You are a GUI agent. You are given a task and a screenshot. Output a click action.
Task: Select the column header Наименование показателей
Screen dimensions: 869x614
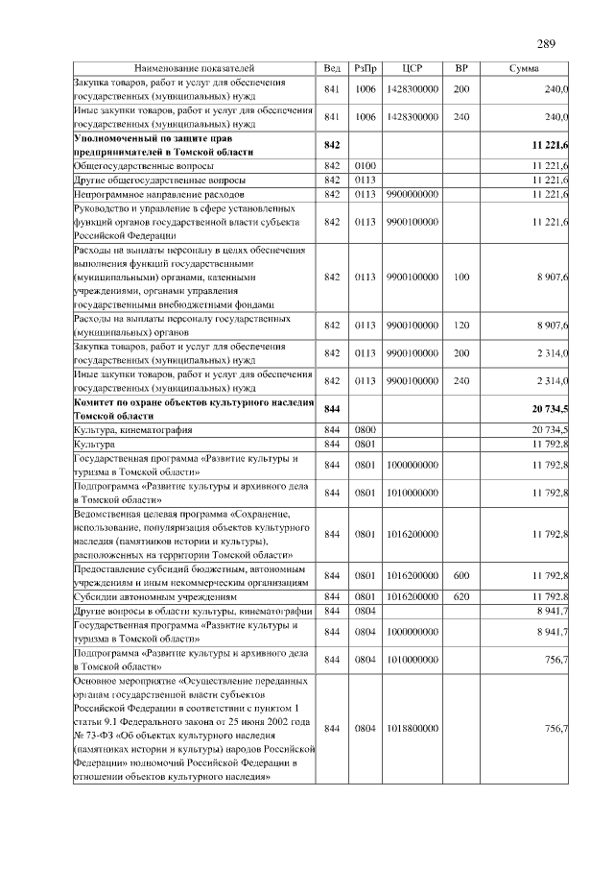(194, 69)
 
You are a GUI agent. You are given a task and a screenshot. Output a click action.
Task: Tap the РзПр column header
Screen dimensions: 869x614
(365, 69)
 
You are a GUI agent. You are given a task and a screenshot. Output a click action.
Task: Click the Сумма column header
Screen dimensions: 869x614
(523, 69)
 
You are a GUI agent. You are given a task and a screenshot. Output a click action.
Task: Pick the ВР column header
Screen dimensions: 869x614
(460, 69)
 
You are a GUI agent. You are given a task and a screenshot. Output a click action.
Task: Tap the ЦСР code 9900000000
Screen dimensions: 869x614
(413, 194)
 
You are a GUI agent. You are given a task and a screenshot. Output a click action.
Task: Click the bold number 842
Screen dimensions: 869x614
(333, 145)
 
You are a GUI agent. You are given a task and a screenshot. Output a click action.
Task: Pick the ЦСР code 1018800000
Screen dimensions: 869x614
(413, 729)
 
